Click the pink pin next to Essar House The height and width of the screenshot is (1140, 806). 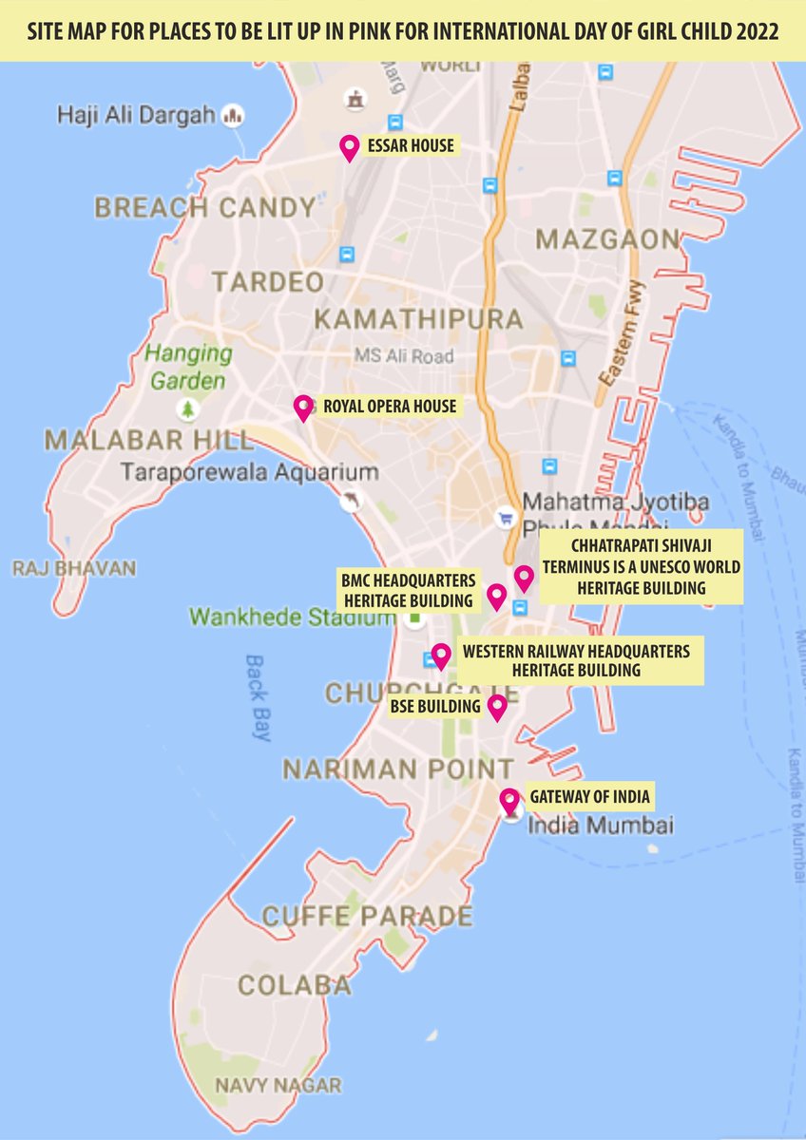(349, 147)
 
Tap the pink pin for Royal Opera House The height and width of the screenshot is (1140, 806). (304, 407)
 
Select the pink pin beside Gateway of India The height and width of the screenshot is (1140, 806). (510, 799)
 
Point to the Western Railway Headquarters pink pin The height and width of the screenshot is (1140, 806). (440, 655)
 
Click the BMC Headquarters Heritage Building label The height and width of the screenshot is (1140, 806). (407, 589)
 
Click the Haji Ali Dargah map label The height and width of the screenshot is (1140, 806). (137, 115)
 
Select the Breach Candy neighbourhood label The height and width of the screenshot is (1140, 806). (205, 207)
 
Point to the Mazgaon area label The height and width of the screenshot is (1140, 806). (608, 239)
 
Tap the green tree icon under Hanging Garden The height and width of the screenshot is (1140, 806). (188, 409)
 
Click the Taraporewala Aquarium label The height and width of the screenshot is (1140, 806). (250, 471)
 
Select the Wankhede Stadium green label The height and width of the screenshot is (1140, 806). (291, 617)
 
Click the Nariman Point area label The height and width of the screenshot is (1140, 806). (398, 768)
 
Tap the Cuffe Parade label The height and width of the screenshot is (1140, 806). (367, 916)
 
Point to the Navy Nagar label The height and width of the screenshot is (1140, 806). (278, 1084)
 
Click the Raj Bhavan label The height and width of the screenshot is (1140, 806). (73, 568)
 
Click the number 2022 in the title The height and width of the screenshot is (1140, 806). (753, 31)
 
